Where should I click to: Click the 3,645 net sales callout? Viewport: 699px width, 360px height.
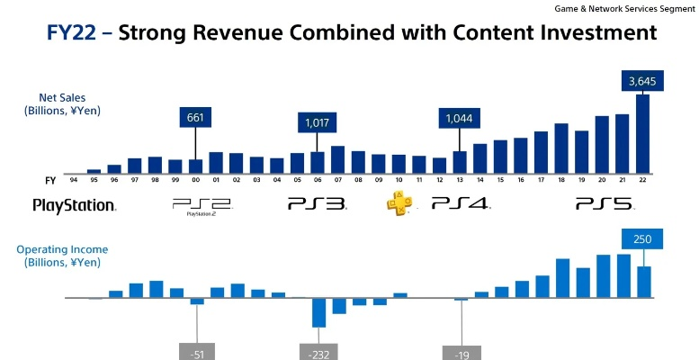click(642, 82)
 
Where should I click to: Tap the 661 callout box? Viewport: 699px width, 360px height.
click(195, 117)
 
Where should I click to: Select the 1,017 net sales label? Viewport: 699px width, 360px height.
click(317, 123)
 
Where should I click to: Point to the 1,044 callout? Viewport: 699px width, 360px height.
click(460, 117)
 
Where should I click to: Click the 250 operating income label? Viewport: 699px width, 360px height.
click(642, 238)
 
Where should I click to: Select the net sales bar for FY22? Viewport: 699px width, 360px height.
click(642, 133)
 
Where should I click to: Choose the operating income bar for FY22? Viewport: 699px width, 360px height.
click(643, 281)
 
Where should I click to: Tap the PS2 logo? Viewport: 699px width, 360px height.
click(202, 205)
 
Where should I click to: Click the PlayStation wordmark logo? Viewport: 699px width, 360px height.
click(74, 205)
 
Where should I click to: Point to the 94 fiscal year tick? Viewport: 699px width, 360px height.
click(73, 180)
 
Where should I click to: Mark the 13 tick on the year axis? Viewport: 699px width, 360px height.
click(460, 180)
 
